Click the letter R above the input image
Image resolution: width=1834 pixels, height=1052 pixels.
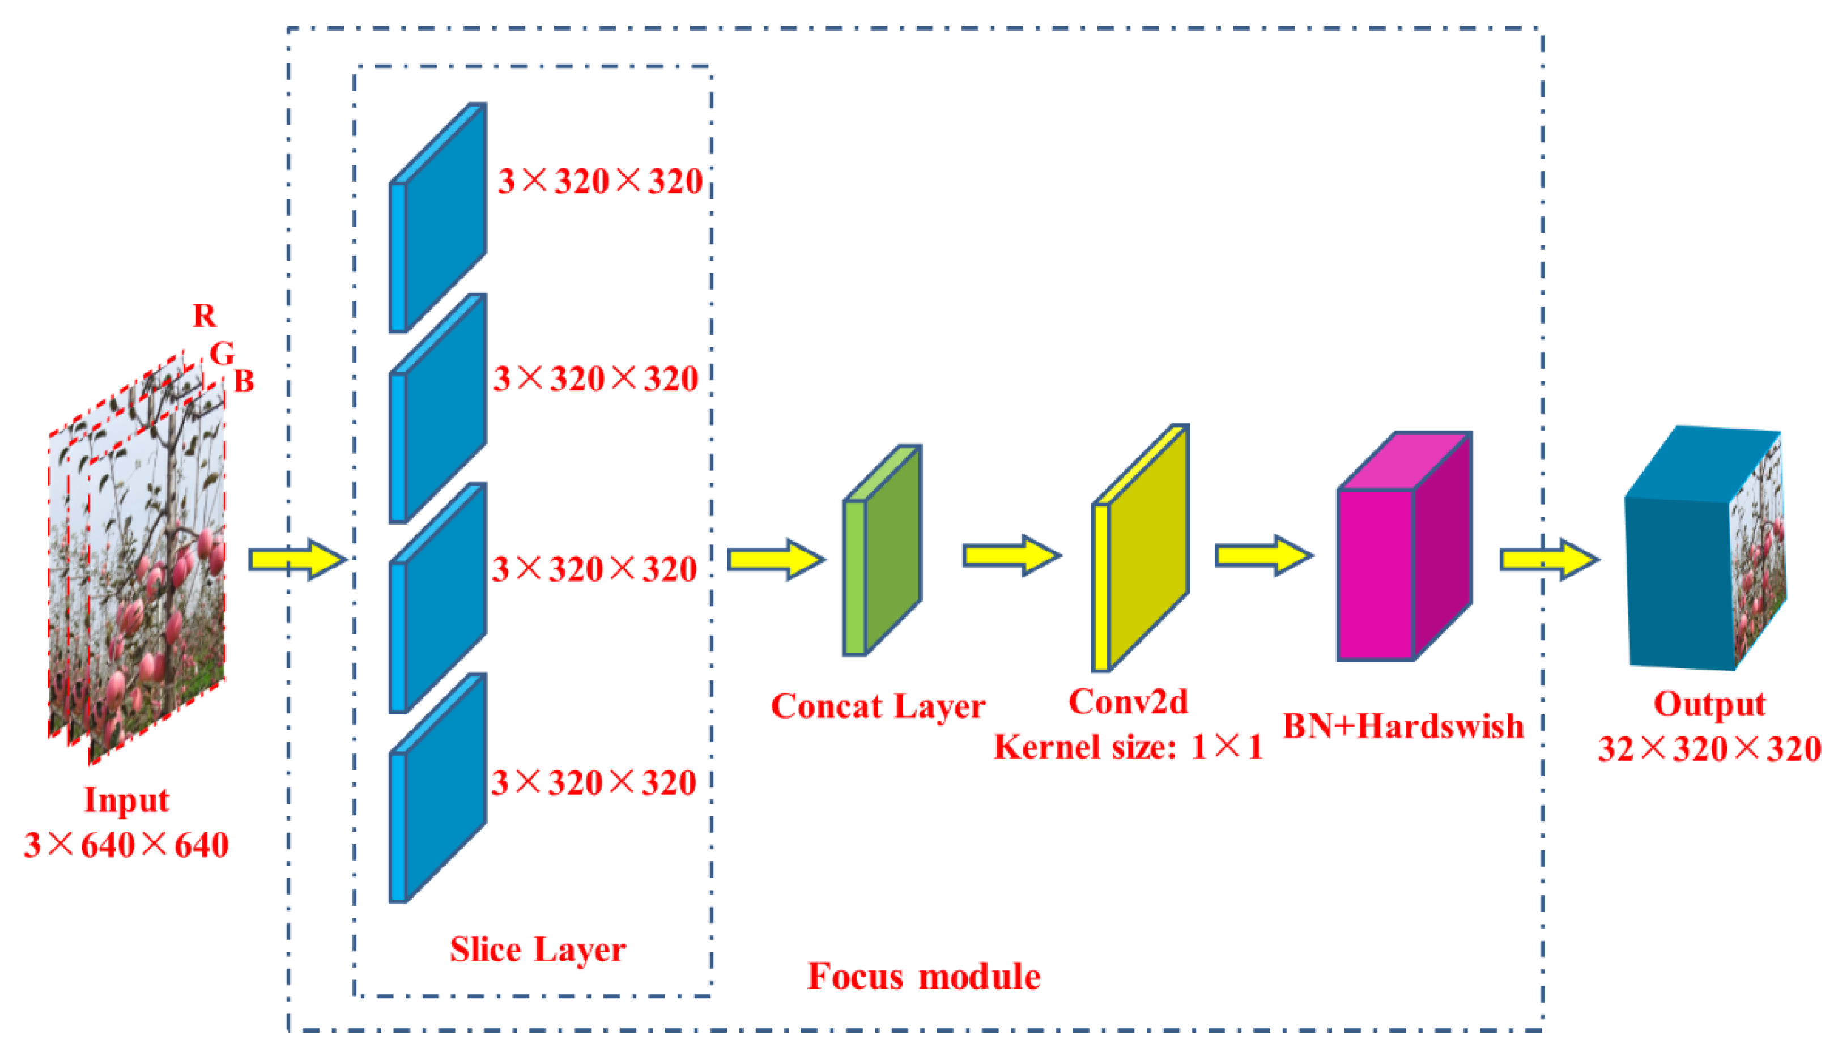[204, 316]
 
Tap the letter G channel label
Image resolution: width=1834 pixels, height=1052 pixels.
[222, 353]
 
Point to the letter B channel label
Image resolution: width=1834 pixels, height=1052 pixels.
[244, 381]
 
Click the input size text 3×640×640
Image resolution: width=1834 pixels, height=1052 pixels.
[126, 845]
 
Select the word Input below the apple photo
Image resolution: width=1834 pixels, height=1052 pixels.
[126, 800]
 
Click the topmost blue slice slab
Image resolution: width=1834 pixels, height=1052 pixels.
[438, 217]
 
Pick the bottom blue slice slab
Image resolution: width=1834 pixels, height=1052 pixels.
[438, 787]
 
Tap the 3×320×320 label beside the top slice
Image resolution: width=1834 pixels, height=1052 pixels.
[600, 181]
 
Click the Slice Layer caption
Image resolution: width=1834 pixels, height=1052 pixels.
[538, 949]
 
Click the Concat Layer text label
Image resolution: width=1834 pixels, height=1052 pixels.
[878, 706]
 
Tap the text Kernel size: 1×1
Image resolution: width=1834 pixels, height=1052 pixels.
[1129, 747]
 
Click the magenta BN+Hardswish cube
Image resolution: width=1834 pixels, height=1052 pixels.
[1403, 547]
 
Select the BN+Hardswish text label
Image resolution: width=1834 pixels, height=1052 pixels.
[1403, 726]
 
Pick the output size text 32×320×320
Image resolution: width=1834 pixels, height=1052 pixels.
[1710, 748]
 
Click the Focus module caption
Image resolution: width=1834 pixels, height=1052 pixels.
[924, 977]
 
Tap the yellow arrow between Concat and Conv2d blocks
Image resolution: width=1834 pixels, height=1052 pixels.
[1012, 555]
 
